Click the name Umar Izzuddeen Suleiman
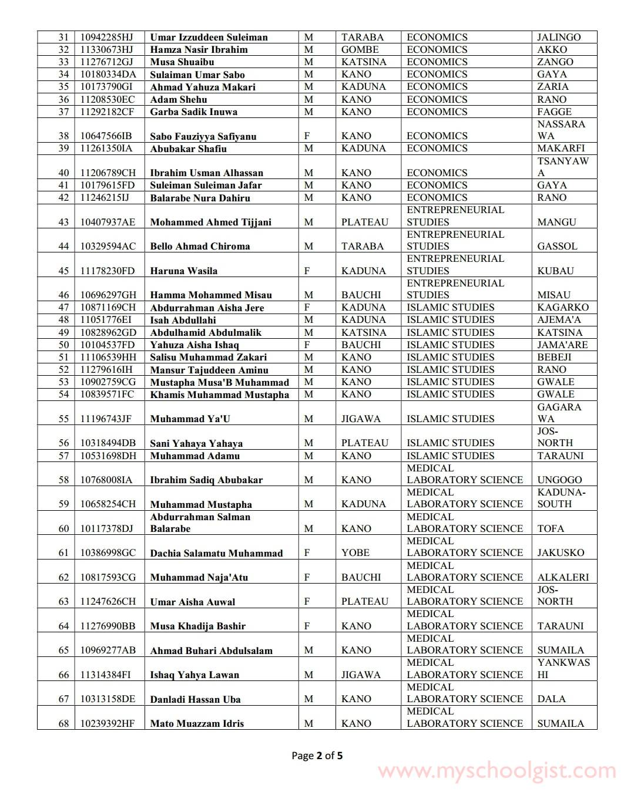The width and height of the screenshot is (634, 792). click(x=209, y=37)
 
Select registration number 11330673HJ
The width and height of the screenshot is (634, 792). click(x=107, y=49)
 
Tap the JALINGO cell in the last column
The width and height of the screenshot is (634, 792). click(x=559, y=37)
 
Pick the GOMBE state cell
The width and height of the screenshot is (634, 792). click(x=360, y=49)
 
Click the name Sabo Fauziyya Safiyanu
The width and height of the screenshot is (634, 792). click(x=203, y=136)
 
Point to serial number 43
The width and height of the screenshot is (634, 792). click(x=63, y=222)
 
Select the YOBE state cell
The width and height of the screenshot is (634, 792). click(x=355, y=552)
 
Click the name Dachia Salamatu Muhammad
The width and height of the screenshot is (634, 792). click(x=216, y=553)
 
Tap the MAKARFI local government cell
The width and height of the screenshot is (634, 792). click(x=561, y=148)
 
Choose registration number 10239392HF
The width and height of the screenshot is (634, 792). click(x=107, y=723)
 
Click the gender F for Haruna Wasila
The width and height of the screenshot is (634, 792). click(x=307, y=271)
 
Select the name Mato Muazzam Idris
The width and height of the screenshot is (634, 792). click(x=197, y=723)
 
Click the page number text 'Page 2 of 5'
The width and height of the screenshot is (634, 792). click(x=317, y=756)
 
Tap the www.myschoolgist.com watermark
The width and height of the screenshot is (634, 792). click(x=497, y=771)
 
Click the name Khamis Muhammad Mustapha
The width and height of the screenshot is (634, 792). click(x=219, y=395)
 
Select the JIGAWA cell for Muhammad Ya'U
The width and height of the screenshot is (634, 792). click(x=361, y=419)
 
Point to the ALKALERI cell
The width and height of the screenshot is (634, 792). click(x=563, y=577)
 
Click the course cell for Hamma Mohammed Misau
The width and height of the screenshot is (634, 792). click(x=455, y=289)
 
